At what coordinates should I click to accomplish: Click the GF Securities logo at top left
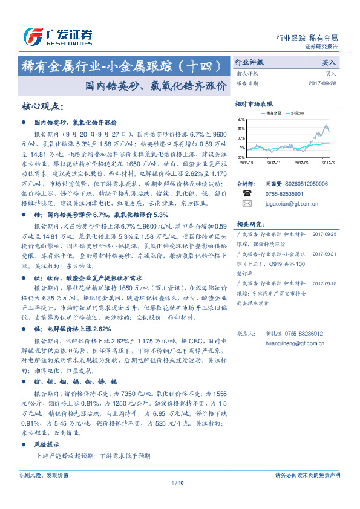point(57,36)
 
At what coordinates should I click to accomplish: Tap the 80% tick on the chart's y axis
point(242,120)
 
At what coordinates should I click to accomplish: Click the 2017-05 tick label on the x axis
point(302,162)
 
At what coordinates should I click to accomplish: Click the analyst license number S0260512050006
point(302,183)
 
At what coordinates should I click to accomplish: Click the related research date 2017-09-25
point(326,233)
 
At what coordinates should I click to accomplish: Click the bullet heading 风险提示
point(46,444)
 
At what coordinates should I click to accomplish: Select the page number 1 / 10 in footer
point(179,483)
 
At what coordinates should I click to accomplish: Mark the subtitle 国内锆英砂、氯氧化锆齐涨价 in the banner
point(156,85)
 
